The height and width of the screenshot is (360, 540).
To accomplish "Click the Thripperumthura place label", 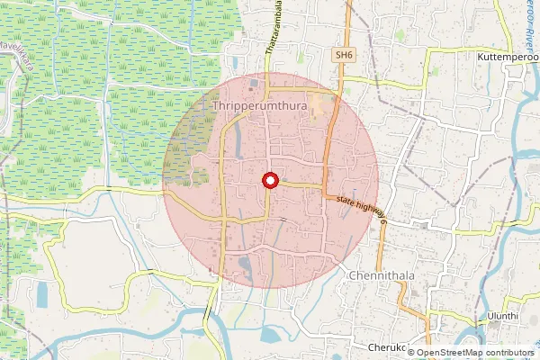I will pyautogui.click(x=260, y=106).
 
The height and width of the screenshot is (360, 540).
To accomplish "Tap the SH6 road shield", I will pyautogui.click(x=343, y=55).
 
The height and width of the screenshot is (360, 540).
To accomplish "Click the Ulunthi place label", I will pyautogui.click(x=502, y=317).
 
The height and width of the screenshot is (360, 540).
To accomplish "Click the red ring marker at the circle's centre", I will pyautogui.click(x=269, y=181).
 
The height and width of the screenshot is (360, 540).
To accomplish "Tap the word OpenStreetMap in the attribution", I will pyautogui.click(x=460, y=353).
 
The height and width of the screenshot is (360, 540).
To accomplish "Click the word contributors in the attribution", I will pyautogui.click(x=511, y=353).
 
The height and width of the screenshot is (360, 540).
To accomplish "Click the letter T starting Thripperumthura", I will pyautogui.click(x=217, y=106).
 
